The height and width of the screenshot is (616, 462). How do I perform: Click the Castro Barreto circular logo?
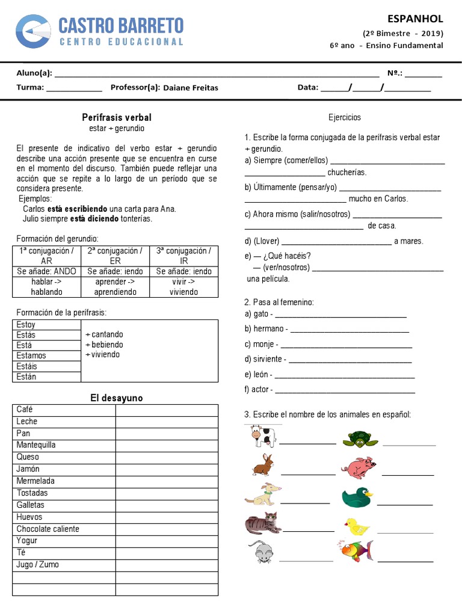pyautogui.click(x=33, y=32)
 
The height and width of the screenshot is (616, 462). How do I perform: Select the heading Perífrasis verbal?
pyautogui.click(x=117, y=117)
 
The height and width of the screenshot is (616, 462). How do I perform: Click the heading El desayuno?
pyautogui.click(x=117, y=398)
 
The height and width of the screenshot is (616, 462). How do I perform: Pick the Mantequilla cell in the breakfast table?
pyautogui.click(x=36, y=445)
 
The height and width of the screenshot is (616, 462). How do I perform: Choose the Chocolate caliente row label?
pyautogui.click(x=48, y=529)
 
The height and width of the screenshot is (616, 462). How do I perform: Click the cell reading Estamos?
pyautogui.click(x=31, y=356)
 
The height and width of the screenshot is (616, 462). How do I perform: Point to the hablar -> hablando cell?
pyautogui.click(x=46, y=287)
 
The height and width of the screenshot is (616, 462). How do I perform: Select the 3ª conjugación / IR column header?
pyautogui.click(x=184, y=256)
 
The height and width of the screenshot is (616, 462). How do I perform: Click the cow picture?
pyautogui.click(x=262, y=436)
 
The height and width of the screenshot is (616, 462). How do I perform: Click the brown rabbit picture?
pyautogui.click(x=263, y=465)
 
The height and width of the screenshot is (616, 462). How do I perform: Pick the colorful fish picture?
pyautogui.click(x=354, y=550)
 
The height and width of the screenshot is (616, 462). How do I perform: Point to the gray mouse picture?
pyautogui.click(x=261, y=551)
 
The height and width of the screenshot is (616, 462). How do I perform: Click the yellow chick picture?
pyautogui.click(x=357, y=526)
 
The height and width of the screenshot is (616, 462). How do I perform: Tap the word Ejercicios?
pyautogui.click(x=345, y=117)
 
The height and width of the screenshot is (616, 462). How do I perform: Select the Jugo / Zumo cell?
pyautogui.click(x=38, y=565)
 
